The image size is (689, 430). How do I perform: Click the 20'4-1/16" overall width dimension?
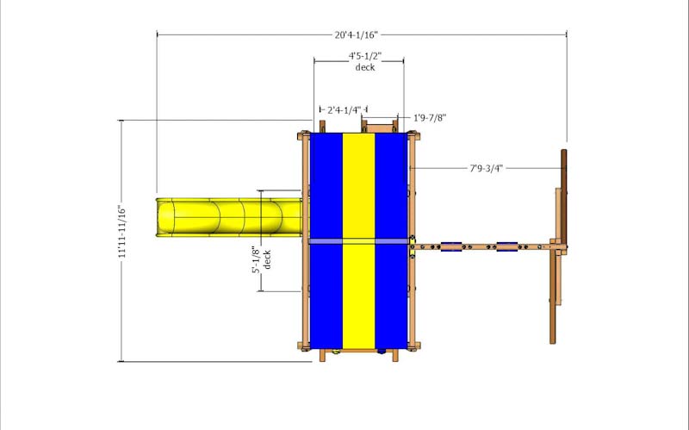[x=357, y=34]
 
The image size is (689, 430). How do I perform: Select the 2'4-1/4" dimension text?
[x=344, y=110]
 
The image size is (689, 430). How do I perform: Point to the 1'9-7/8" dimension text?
[x=430, y=118]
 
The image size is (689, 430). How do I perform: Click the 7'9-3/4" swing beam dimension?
[x=486, y=168]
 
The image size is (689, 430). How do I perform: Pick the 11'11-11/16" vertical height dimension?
[x=122, y=231]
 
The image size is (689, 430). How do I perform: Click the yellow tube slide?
[x=229, y=218]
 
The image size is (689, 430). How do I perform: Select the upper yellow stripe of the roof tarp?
[x=358, y=186]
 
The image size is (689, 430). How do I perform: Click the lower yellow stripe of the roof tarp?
[x=358, y=296]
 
